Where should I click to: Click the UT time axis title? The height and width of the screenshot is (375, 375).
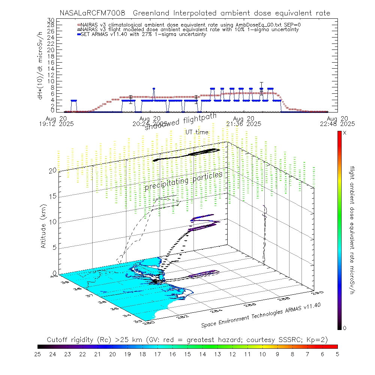197,132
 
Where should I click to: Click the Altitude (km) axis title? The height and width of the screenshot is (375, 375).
44,226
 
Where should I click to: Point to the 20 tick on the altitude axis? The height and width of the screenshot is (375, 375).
52,170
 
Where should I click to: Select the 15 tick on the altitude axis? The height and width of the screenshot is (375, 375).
52,196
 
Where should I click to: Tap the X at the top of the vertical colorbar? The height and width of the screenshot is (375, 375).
345,133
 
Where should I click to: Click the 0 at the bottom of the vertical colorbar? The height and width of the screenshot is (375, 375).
345,328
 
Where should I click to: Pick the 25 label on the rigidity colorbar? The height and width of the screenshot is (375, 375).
38,354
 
